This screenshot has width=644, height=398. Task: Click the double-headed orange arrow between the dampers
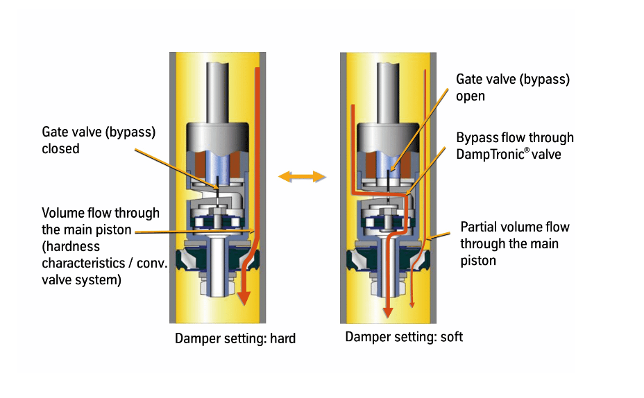(x=302, y=178)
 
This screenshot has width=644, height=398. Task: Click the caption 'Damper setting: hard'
(x=235, y=339)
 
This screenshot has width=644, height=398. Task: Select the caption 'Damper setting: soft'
(x=404, y=337)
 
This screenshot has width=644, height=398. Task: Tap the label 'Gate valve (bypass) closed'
(x=98, y=139)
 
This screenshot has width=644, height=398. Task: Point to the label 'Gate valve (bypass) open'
(x=512, y=87)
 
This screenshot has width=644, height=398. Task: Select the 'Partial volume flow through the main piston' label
(x=514, y=243)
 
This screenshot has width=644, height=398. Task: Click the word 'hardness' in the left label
(x=71, y=246)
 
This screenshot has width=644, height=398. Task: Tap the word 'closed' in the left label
(x=61, y=148)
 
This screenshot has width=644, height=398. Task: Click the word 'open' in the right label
(x=471, y=96)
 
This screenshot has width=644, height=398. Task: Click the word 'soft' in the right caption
(x=451, y=337)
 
